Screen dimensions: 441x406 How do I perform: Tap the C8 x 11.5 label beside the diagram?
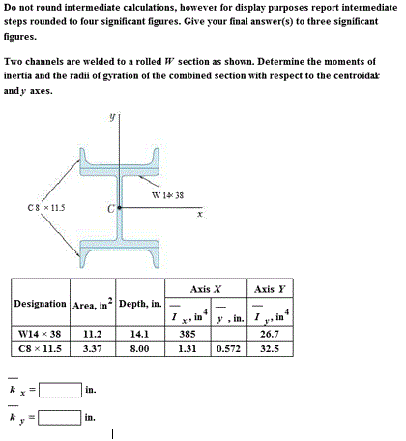tap(44, 207)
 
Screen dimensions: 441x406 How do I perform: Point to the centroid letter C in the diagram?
tap(111, 208)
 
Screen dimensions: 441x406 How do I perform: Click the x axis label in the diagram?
tap(199, 214)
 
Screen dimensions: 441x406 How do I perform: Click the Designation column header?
tap(40, 304)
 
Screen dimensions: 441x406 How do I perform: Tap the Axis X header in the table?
tap(206, 288)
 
